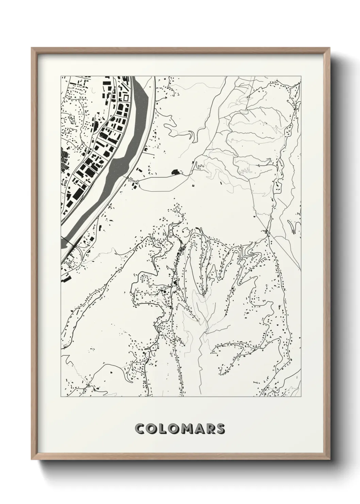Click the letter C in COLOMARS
tap(141, 429)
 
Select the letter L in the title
tap(164, 429)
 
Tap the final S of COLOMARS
tap(221, 429)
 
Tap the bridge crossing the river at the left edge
tap(72, 242)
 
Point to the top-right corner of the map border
tap(301, 76)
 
